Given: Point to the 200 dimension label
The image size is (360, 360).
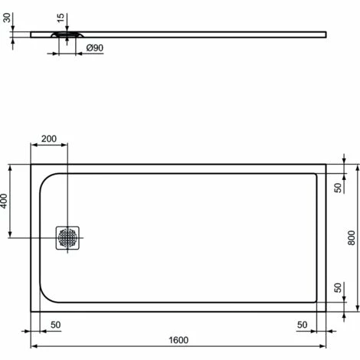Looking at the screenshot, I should tap(49, 139).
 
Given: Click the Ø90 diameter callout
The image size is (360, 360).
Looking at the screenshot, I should tap(95, 48).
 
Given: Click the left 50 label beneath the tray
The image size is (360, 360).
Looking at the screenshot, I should tap(55, 325).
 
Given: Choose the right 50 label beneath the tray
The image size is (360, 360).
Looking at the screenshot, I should tap(302, 325).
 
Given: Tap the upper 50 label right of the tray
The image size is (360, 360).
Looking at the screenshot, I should tap(337, 188).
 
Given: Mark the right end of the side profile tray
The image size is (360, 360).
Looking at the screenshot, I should tap(326, 33).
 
